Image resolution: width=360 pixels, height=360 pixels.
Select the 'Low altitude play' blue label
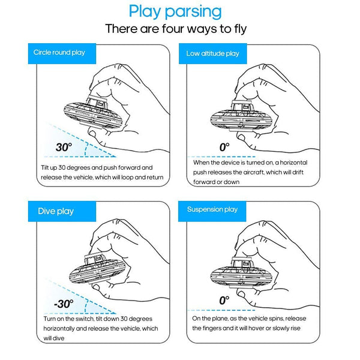coord(212,53)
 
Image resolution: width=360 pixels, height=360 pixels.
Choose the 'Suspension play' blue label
coord(213,209)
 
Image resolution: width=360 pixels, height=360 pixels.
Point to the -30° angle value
coord(63,304)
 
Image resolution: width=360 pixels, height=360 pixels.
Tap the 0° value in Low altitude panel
coord(224,146)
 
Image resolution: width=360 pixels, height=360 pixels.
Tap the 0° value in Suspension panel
coord(224,299)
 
